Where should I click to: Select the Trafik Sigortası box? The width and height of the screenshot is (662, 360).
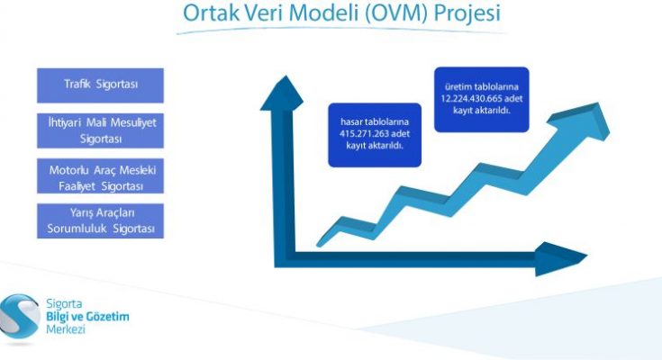[101, 85]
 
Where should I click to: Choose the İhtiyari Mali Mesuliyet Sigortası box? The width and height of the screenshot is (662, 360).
[101, 130]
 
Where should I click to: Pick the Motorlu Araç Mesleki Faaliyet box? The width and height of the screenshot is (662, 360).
[101, 176]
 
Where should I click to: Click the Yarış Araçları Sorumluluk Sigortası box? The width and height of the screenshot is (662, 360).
[101, 220]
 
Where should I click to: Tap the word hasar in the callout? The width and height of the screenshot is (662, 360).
[349, 122]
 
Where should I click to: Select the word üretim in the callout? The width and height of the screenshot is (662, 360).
[458, 87]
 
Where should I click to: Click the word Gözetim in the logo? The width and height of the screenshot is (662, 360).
[107, 317]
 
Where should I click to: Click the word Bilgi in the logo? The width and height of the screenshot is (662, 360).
[58, 317]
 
